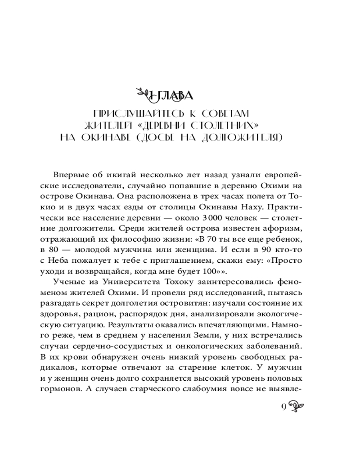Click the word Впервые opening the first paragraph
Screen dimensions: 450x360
click(x=67, y=174)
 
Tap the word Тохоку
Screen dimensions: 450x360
click(x=179, y=282)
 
